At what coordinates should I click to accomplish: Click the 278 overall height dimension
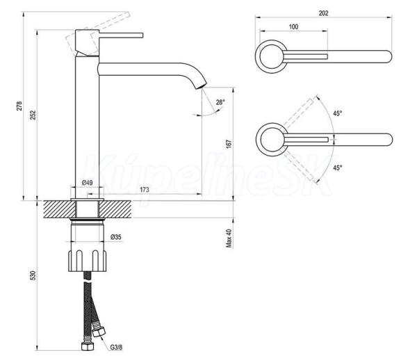coord(19,106)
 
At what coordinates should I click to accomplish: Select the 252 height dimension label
coord(33,115)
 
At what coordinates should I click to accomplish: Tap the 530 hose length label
coord(33,275)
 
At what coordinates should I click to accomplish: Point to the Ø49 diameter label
coord(88,183)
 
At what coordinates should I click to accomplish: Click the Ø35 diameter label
coord(115,237)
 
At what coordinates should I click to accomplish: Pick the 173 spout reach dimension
coord(145,190)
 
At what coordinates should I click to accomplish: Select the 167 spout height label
coord(229,144)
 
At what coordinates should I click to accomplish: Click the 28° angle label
coord(220,102)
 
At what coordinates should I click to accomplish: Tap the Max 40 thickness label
coord(229,238)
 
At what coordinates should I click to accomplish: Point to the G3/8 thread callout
coord(117,347)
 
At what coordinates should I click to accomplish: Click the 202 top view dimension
coord(323,13)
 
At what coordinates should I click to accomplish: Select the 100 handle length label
coord(293,26)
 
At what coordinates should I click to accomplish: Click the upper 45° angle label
coord(338,113)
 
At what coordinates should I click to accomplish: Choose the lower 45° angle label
coord(338,167)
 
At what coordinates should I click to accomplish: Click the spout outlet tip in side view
coord(202,86)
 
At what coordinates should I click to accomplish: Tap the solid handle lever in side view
coord(121,35)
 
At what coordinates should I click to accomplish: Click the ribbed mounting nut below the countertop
coord(88,261)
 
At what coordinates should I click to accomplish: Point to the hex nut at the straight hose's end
coord(88,346)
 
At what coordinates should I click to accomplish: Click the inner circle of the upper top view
coord(271,56)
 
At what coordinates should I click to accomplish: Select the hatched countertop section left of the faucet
coord(59,209)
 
